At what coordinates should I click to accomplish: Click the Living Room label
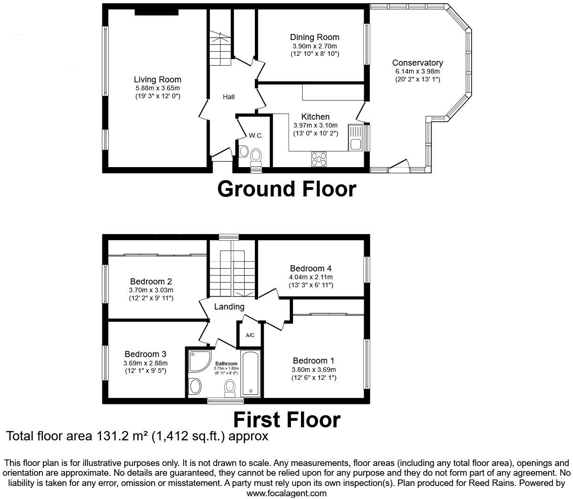[x=157, y=80]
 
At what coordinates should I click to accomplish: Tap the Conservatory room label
[x=417, y=63]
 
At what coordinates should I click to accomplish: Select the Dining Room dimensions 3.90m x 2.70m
[x=314, y=46]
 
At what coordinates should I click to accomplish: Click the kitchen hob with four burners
[x=319, y=159]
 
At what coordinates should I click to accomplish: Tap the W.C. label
[x=256, y=135]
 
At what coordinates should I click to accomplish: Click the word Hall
[x=228, y=97]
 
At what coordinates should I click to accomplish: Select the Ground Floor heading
[x=286, y=189]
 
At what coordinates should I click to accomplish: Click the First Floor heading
[x=286, y=419]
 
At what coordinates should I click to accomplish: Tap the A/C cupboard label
[x=250, y=335]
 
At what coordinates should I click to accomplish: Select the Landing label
[x=229, y=307]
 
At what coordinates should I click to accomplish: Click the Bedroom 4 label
[x=310, y=268]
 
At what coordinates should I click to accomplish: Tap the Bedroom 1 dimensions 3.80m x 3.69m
[x=313, y=370]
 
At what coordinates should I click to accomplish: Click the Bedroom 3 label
[x=145, y=354]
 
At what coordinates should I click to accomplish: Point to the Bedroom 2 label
[x=151, y=281]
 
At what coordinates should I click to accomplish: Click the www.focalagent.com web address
[x=286, y=493]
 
